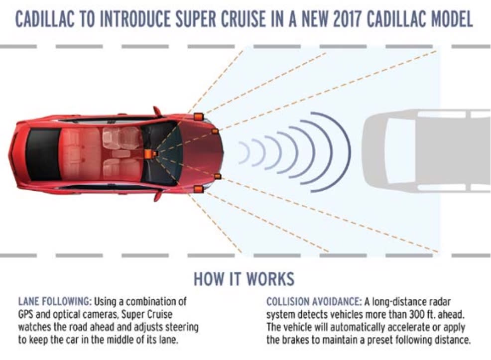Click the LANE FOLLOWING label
(54, 302)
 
